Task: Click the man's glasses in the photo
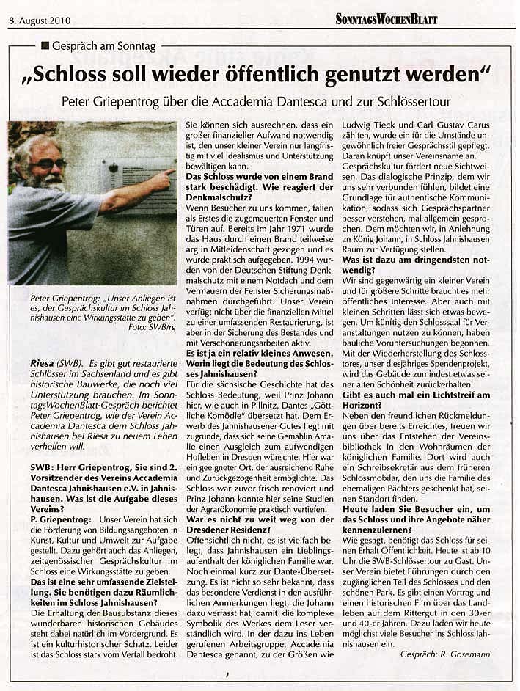[49, 162]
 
